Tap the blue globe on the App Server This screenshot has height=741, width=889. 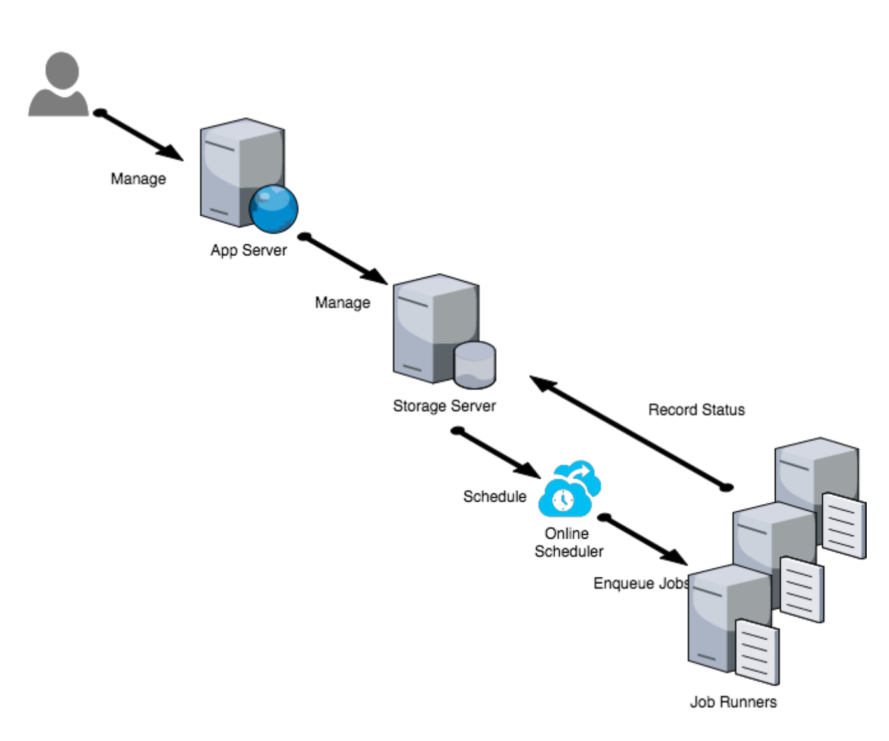pyautogui.click(x=273, y=209)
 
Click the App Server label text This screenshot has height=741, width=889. pyautogui.click(x=248, y=250)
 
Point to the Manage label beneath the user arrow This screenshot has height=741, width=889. pyautogui.click(x=138, y=179)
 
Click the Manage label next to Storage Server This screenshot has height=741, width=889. pyautogui.click(x=343, y=302)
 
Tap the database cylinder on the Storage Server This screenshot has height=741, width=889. pyautogui.click(x=474, y=365)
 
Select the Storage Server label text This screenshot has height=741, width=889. pyautogui.click(x=444, y=406)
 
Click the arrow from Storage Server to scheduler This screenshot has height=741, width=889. pyautogui.click(x=497, y=453)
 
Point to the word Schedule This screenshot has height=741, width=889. pyautogui.click(x=495, y=497)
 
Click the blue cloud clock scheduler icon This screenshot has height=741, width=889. pyautogui.click(x=569, y=489)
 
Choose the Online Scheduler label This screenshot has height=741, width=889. pyautogui.click(x=568, y=542)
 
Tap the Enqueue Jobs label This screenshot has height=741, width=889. pyautogui.click(x=641, y=583)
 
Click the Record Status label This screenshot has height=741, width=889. pyautogui.click(x=696, y=410)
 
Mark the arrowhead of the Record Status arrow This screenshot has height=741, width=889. pyautogui.click(x=541, y=383)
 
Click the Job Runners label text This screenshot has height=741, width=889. pyautogui.click(x=733, y=702)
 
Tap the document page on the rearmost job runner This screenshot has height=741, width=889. pyautogui.click(x=844, y=526)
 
